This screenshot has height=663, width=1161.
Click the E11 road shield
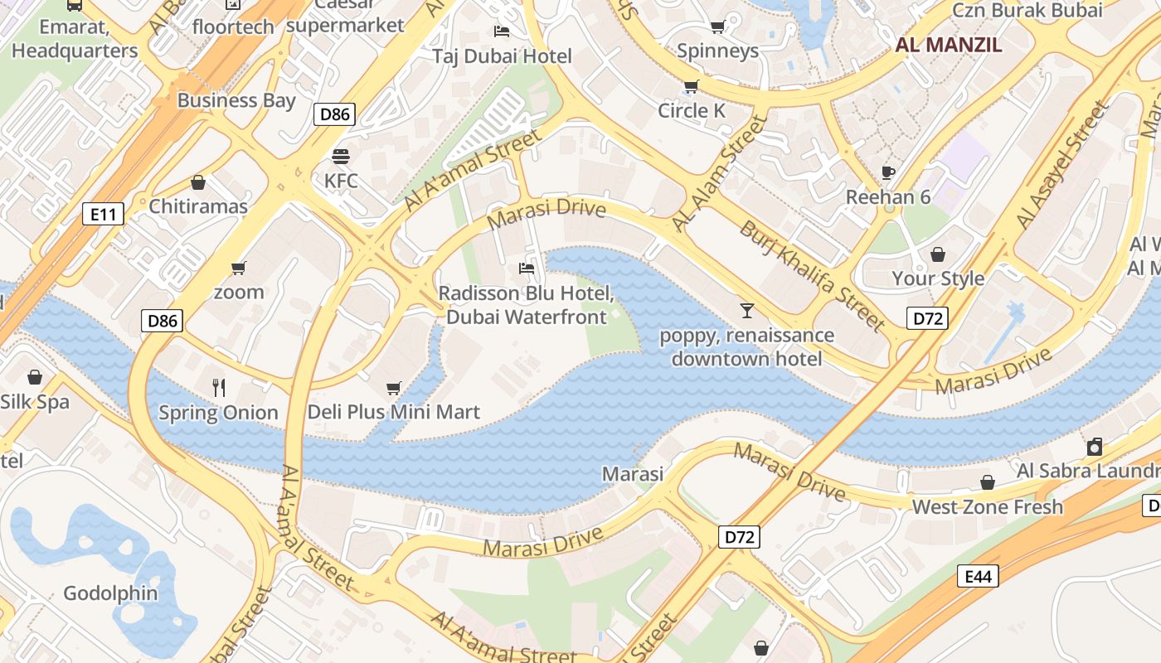click(x=104, y=215)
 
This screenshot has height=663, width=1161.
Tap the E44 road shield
click(x=978, y=576)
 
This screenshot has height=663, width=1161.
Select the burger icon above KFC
click(x=341, y=157)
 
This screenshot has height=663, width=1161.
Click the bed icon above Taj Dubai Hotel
click(x=502, y=31)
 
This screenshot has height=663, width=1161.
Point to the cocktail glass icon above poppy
click(x=747, y=311)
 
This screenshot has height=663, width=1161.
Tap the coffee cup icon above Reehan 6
click(x=888, y=173)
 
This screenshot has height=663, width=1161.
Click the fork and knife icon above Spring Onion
click(x=219, y=387)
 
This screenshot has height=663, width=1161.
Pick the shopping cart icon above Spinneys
click(x=717, y=27)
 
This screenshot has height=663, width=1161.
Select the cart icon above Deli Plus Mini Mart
click(x=394, y=388)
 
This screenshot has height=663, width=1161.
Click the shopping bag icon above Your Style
click(x=938, y=254)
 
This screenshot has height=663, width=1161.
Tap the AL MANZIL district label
click(x=949, y=45)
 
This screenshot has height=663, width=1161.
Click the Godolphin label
click(x=110, y=593)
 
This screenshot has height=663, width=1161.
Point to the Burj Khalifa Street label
click(x=813, y=275)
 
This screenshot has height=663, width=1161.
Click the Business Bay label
click(x=236, y=101)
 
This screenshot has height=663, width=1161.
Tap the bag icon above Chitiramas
click(x=198, y=182)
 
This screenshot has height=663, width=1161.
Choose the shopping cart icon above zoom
click(x=239, y=268)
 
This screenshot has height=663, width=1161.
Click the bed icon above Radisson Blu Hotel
click(x=527, y=268)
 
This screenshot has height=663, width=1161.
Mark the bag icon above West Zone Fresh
click(x=988, y=482)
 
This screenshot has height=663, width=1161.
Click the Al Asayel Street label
click(x=1062, y=166)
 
